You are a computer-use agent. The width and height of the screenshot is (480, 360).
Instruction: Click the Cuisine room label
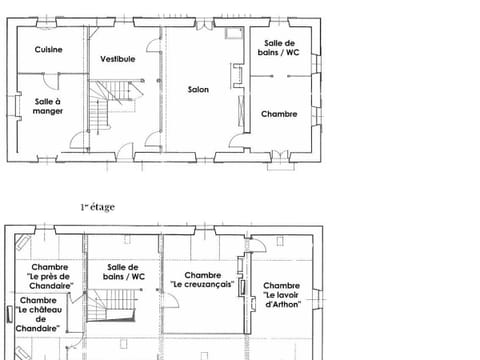point(48,49)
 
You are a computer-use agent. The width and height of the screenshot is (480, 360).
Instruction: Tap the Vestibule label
point(117,59)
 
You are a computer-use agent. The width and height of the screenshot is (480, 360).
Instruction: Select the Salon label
point(198,90)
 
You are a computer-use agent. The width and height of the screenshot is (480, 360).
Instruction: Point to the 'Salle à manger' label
point(48,106)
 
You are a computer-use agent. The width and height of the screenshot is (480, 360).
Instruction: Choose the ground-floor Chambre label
point(279,114)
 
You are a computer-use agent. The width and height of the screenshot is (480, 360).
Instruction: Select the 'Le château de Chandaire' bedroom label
point(38,314)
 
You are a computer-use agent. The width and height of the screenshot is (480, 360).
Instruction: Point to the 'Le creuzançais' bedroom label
point(202,280)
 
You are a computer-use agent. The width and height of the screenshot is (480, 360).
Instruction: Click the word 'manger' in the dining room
point(48,111)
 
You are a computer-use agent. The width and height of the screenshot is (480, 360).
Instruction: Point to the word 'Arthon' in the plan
point(283,303)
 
